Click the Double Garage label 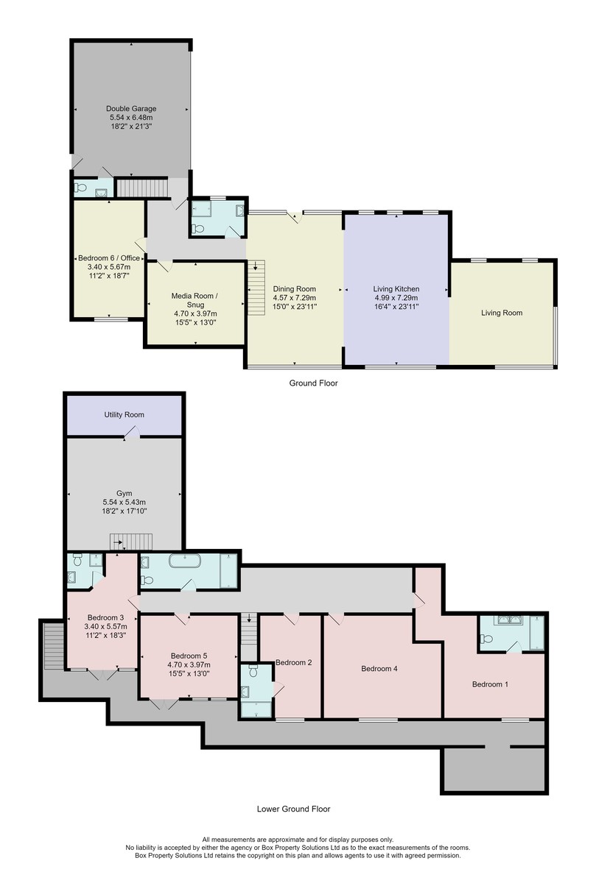coord(131,108)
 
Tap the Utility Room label coord(124,415)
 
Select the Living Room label coord(502,313)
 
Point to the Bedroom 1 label coord(490,684)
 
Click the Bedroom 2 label coord(294,663)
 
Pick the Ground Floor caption coord(313,383)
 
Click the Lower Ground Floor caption coord(294,809)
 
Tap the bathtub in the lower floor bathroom coord(185,561)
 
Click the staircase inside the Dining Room coord(256,288)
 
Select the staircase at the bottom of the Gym coord(130,542)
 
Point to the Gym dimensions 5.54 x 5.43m coord(124,503)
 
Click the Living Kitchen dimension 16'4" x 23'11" coord(396,307)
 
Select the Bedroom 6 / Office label coord(109,258)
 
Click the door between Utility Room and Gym coord(133,432)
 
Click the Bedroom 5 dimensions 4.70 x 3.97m coord(189,664)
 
